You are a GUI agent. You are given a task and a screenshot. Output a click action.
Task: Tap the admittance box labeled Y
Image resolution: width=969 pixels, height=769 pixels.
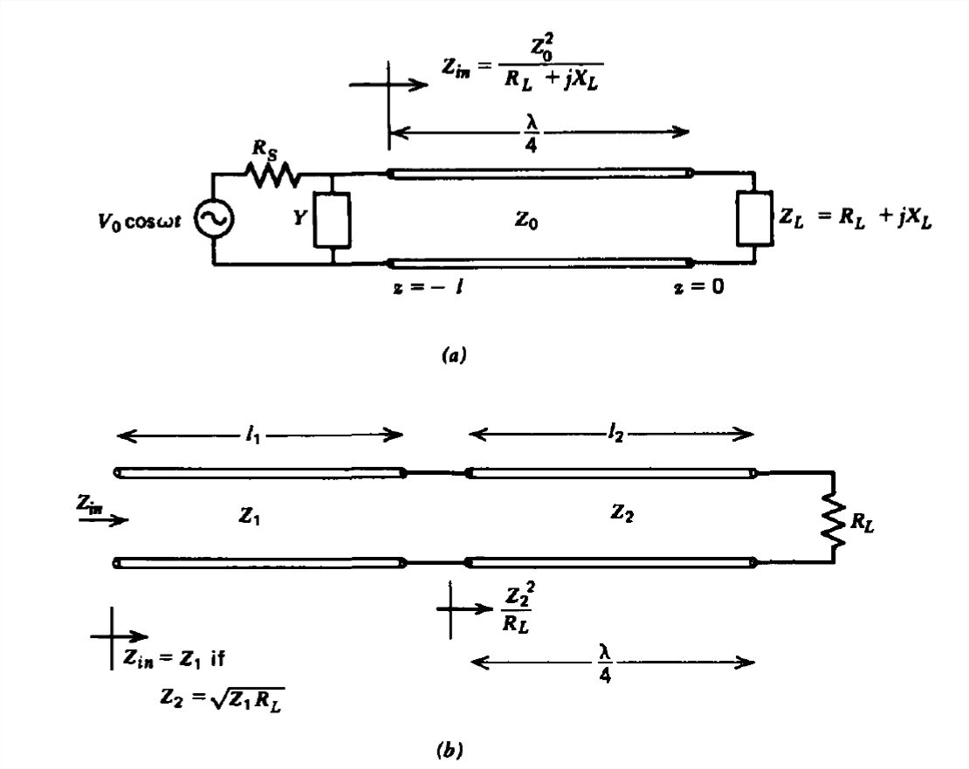pyautogui.click(x=333, y=219)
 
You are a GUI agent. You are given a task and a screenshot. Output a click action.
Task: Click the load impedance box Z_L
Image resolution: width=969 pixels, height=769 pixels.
pyautogui.click(x=753, y=219)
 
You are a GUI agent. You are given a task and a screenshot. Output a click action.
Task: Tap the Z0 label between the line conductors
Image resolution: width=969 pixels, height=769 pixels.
pyautogui.click(x=526, y=222)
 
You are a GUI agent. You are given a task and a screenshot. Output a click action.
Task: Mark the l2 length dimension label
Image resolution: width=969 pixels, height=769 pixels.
pyautogui.click(x=617, y=434)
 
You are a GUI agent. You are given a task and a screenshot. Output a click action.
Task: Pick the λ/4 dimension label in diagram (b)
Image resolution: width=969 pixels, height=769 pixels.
pyautogui.click(x=607, y=662)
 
